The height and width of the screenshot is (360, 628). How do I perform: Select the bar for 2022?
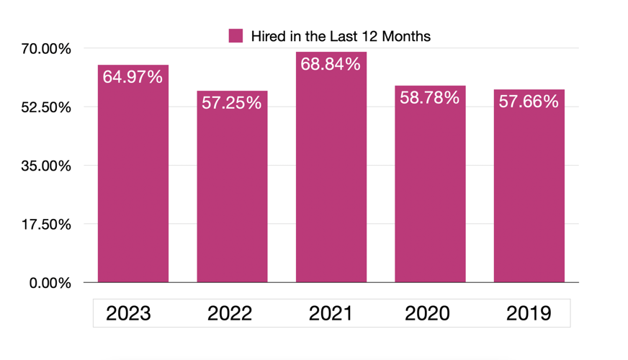(x=232, y=194)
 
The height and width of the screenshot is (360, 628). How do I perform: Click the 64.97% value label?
(x=133, y=77)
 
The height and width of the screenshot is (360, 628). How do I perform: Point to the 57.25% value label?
(x=232, y=103)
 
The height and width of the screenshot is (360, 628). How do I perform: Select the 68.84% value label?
(x=331, y=64)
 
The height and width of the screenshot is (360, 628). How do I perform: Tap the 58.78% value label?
(x=430, y=97)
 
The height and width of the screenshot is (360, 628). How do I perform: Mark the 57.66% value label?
(x=529, y=102)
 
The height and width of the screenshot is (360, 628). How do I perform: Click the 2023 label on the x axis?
(x=128, y=313)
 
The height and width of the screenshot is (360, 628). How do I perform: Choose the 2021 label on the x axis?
(x=331, y=313)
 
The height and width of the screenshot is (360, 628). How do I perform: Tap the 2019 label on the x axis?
(x=529, y=313)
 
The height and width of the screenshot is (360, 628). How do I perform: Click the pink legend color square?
(x=235, y=36)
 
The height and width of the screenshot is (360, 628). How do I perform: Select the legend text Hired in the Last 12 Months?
(x=341, y=36)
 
